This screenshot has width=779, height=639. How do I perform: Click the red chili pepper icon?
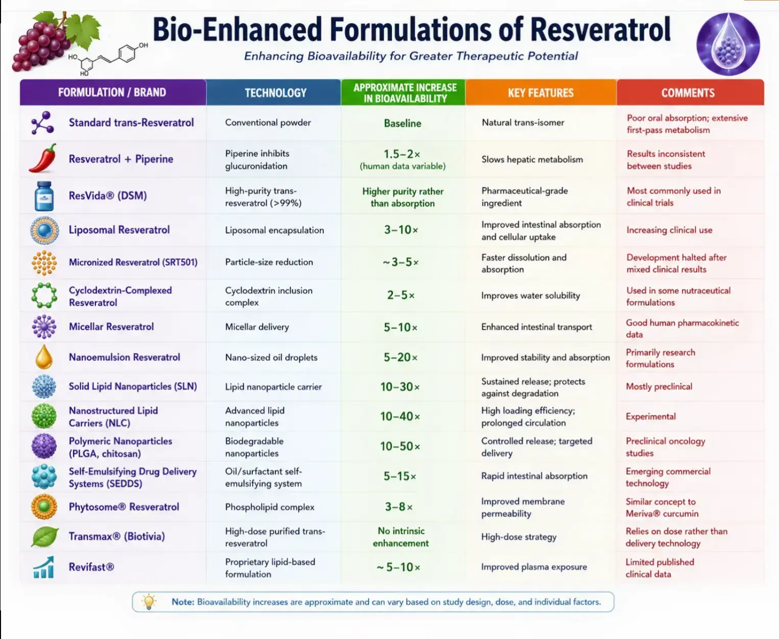coord(43,158)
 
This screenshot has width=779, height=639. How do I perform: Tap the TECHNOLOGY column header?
coord(276,93)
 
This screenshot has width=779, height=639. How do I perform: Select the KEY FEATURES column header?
coord(541,93)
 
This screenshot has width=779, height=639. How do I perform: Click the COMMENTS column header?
coord(688,93)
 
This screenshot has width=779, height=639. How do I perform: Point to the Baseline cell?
coord(402,123)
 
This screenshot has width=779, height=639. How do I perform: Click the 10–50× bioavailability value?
coord(400,446)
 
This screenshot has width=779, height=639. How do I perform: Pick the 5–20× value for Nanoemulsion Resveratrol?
coord(400,357)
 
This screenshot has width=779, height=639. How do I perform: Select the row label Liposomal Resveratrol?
coord(119,230)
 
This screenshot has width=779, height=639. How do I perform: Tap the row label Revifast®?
coord(91,567)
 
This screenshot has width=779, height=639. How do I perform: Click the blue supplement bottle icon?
coord(44,196)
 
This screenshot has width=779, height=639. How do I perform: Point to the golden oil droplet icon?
coord(43,357)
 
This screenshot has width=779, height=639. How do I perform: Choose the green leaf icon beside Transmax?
coord(45,536)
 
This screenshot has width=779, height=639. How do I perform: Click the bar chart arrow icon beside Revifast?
coord(43,567)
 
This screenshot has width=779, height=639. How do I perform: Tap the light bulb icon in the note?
coord(149,601)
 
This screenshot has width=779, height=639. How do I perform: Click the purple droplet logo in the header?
coord(728,44)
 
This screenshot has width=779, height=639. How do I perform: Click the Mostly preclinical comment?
coord(659,386)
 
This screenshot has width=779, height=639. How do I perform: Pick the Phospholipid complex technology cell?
coord(270,507)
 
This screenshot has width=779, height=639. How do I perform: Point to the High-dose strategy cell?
coord(519,537)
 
